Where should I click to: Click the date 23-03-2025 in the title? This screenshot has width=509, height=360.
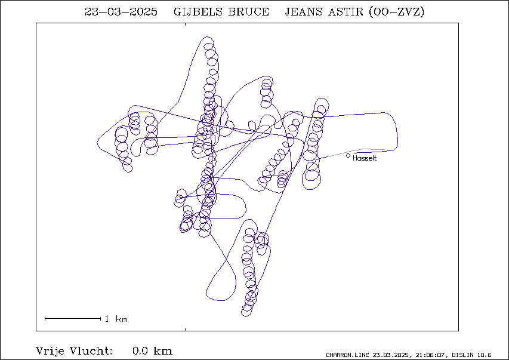(x=121, y=12)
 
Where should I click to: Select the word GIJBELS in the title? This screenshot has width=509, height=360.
(x=198, y=12)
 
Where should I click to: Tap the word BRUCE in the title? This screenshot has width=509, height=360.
(x=249, y=12)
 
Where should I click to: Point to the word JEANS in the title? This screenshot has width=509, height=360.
(x=304, y=12)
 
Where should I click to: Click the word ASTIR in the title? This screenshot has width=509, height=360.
(x=345, y=12)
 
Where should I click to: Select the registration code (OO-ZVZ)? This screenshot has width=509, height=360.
(x=397, y=12)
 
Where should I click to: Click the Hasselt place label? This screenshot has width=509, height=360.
(x=365, y=158)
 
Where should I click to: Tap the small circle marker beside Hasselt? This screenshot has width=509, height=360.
(x=348, y=156)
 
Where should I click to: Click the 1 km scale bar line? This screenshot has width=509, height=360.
(x=73, y=319)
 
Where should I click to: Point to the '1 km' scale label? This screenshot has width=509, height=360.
(x=116, y=319)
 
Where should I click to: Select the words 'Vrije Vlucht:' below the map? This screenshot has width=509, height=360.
(x=74, y=351)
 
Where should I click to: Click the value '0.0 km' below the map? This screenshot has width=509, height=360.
(x=152, y=351)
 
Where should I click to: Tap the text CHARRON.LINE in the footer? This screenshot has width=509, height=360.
(x=347, y=355)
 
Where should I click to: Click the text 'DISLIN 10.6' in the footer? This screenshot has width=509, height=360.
(x=471, y=355)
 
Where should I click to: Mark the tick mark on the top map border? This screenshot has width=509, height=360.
(x=186, y=24)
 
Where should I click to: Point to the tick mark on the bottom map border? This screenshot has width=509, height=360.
(x=186, y=330)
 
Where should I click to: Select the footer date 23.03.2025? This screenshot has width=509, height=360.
(x=390, y=355)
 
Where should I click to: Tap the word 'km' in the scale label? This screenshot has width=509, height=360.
(x=122, y=319)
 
